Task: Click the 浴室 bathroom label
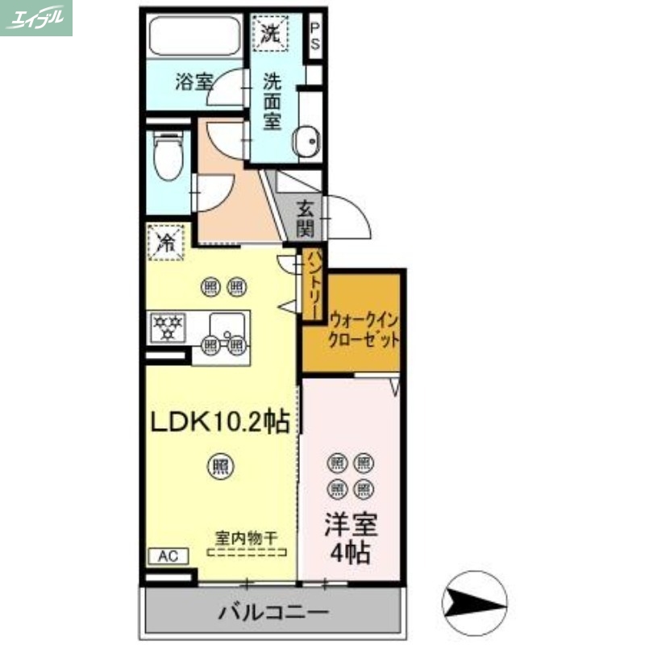193,81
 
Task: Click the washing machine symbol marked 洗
269,33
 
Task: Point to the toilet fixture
169,156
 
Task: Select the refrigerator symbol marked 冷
166,241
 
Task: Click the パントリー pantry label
313,284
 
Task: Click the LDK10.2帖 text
218,422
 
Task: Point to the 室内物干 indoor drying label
248,535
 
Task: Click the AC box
168,556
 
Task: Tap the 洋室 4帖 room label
351,539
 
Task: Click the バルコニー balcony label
274,613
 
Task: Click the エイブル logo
36,18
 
